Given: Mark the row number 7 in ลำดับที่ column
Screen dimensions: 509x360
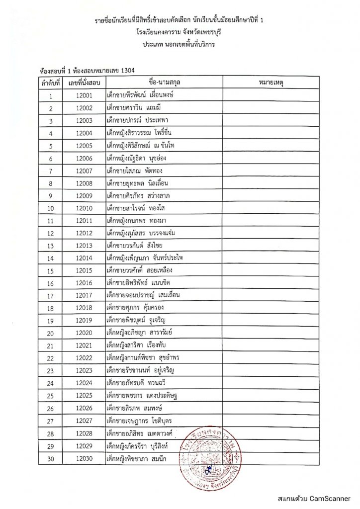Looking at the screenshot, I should (51, 170).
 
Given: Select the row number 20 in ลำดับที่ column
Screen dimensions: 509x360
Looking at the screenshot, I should (51, 333).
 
